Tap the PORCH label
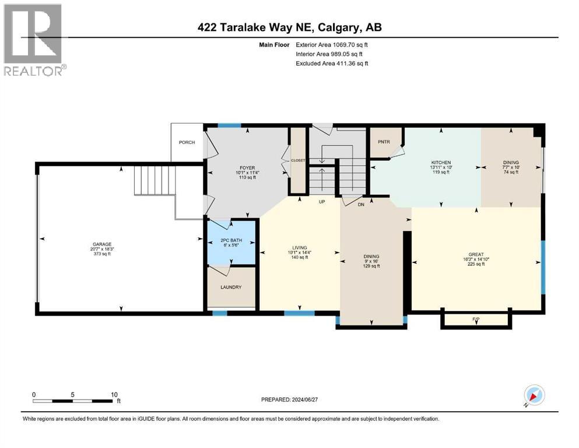point(187,142)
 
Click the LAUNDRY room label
point(231,287)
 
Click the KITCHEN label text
point(441,163)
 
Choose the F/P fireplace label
point(475,319)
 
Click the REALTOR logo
point(33,40)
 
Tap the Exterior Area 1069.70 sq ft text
point(332,44)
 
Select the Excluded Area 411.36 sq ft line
point(332,63)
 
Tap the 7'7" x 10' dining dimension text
point(511,167)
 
